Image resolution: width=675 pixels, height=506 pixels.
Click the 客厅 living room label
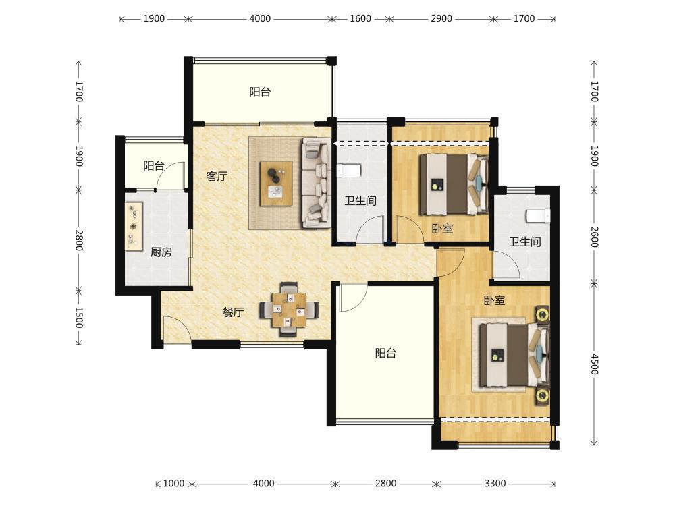click(217, 176)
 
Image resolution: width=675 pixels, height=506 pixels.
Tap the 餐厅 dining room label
click(233, 312)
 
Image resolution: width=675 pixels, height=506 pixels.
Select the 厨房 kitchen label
click(161, 252)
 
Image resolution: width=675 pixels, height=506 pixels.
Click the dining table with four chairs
click(289, 309)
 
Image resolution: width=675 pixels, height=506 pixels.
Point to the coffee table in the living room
click(276, 184)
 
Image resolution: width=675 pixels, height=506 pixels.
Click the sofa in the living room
click(316, 182)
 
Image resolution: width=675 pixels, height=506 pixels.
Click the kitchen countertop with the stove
click(134, 226)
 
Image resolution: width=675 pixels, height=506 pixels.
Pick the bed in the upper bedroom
click(454, 184)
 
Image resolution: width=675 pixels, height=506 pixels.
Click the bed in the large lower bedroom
click(514, 355)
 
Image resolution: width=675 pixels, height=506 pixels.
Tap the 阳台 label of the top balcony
click(260, 92)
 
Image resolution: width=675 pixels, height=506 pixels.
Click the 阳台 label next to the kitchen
click(154, 166)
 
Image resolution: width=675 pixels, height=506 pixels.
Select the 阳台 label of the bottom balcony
click(385, 354)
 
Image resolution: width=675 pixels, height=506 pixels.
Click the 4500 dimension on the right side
click(594, 364)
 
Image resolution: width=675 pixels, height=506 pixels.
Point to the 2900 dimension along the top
click(441, 18)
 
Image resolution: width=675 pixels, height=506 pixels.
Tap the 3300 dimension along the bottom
click(495, 483)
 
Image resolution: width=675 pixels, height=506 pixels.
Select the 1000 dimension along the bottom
click(173, 483)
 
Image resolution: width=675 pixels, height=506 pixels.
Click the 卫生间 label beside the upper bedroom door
click(360, 200)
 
